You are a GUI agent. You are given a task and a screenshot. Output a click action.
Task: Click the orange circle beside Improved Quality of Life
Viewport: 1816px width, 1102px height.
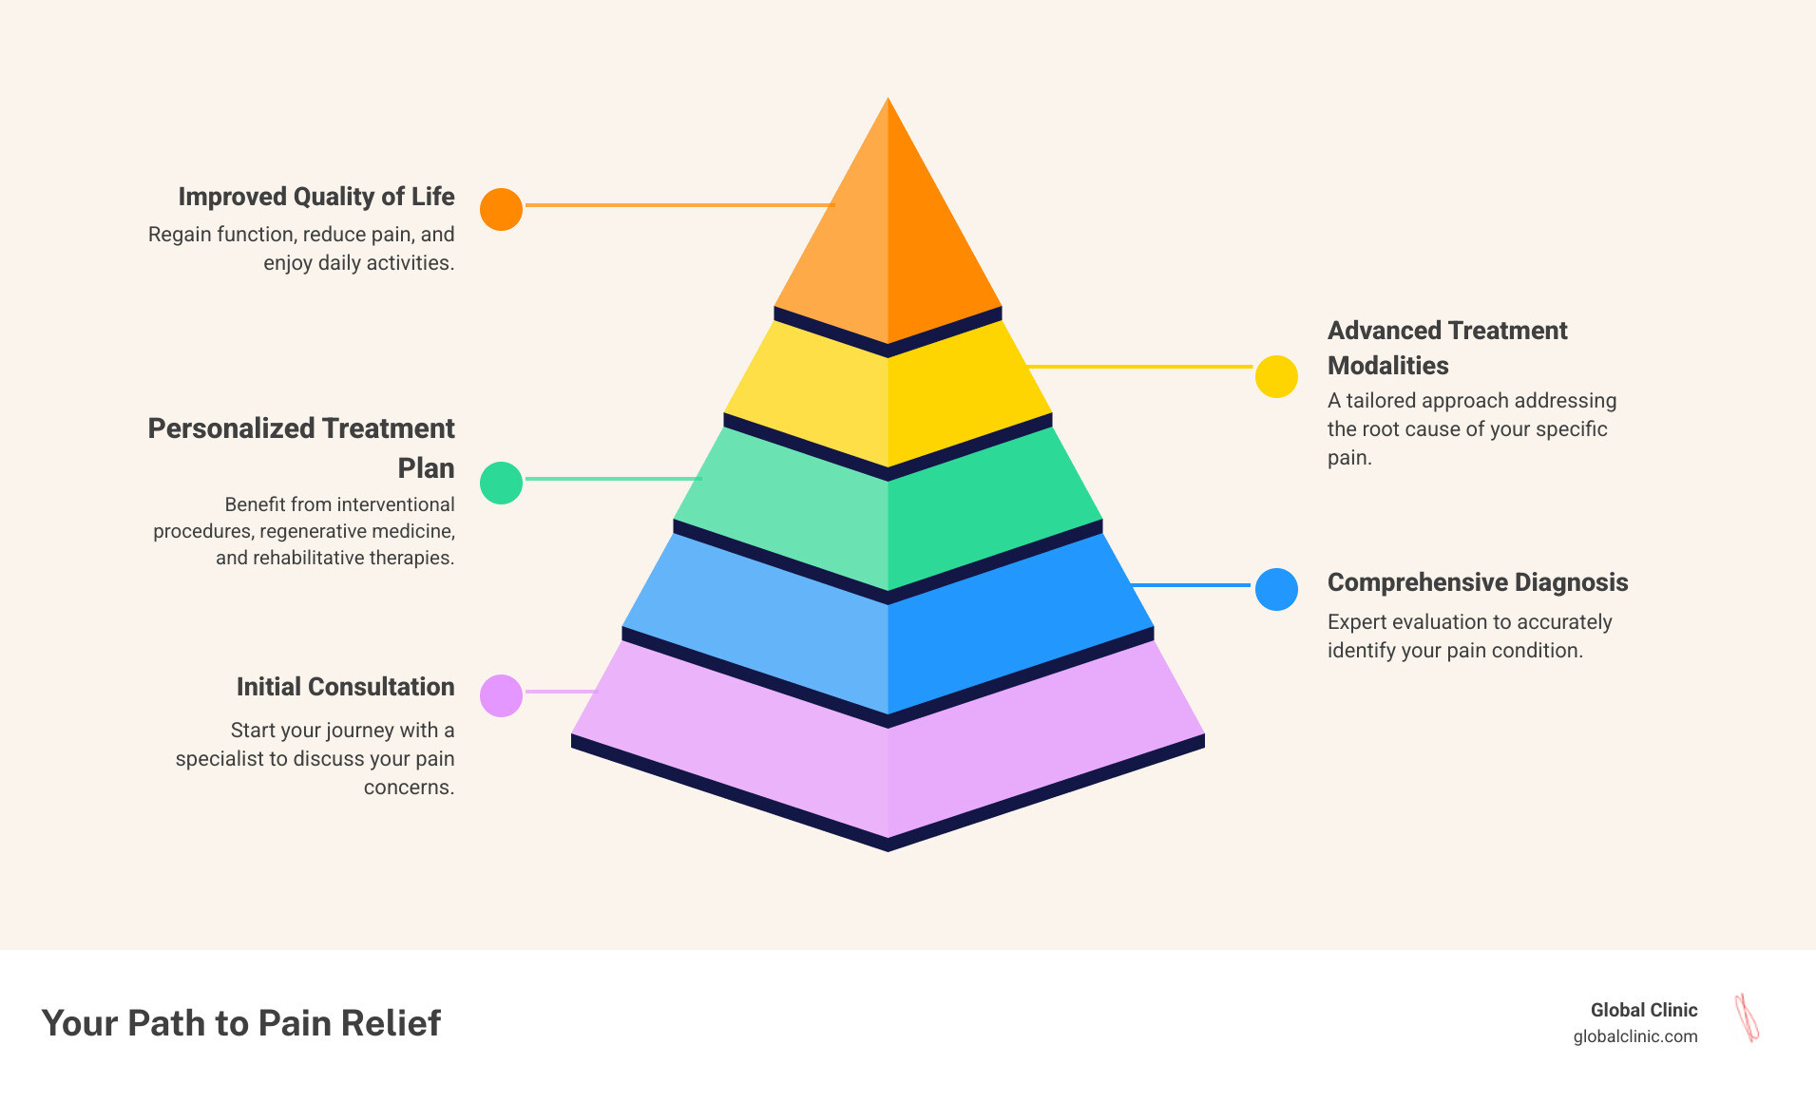(501, 209)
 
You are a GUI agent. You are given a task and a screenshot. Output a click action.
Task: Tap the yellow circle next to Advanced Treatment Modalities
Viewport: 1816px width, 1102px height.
(1276, 376)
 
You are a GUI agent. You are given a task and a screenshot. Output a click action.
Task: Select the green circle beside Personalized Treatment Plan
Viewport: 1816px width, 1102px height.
(501, 483)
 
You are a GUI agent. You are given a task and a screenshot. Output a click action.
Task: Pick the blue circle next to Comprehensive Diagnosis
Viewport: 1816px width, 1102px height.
(1276, 589)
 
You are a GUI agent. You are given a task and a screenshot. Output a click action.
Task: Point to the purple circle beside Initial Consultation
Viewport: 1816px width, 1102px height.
(501, 695)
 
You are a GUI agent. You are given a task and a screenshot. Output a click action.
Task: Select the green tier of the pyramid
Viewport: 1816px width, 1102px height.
(888, 513)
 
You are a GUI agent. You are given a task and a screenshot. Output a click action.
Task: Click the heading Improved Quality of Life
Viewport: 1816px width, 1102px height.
(316, 197)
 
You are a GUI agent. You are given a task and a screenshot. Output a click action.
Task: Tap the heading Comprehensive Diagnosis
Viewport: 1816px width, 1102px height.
(1477, 582)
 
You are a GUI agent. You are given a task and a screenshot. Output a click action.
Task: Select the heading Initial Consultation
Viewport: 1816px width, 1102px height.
(345, 687)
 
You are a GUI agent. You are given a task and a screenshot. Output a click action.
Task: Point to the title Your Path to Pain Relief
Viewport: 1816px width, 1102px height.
(241, 1023)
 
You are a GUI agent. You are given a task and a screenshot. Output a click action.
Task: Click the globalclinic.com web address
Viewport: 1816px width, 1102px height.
(1634, 1036)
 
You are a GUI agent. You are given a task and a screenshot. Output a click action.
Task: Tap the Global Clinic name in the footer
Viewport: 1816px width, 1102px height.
(1644, 1010)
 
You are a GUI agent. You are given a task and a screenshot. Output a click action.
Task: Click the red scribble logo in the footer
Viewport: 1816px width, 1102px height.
(1747, 1017)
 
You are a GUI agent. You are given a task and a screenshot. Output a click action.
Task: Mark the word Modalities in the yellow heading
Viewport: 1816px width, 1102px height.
(1387, 366)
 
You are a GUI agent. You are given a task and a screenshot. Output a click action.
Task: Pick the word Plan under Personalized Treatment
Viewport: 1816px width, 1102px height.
(426, 468)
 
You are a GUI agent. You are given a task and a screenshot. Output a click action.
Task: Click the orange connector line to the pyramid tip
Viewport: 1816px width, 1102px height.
(679, 204)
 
